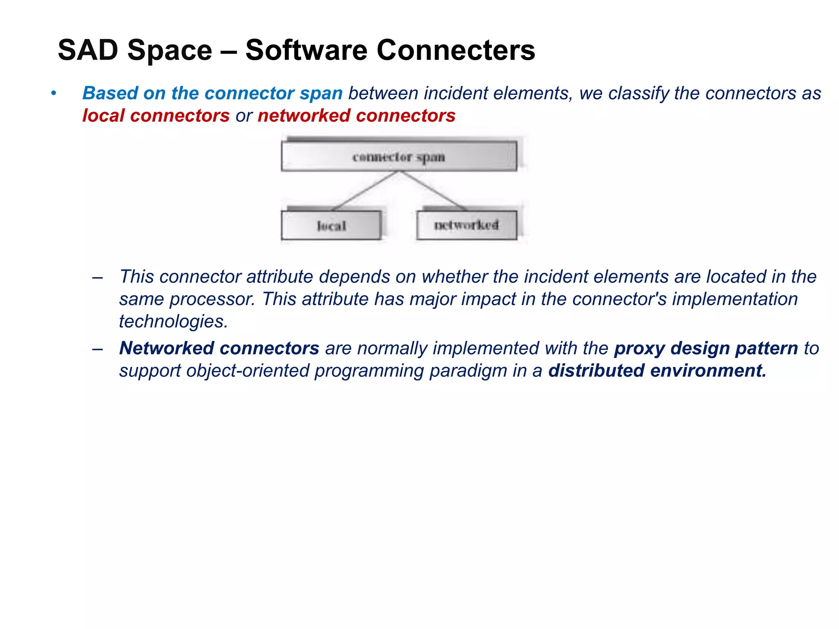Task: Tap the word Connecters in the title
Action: [456, 50]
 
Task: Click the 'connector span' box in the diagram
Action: [399, 156]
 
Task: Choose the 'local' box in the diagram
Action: [331, 225]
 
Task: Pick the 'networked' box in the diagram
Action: [466, 225]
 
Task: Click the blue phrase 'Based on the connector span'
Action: [212, 93]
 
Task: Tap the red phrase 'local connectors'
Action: [156, 116]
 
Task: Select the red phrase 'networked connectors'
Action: [356, 116]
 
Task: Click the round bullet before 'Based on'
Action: [53, 93]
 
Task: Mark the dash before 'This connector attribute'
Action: [98, 278]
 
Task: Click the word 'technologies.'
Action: [173, 322]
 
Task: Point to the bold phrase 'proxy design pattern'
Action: [706, 348]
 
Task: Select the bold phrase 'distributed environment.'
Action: [657, 371]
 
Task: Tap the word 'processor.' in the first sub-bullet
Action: [213, 299]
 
